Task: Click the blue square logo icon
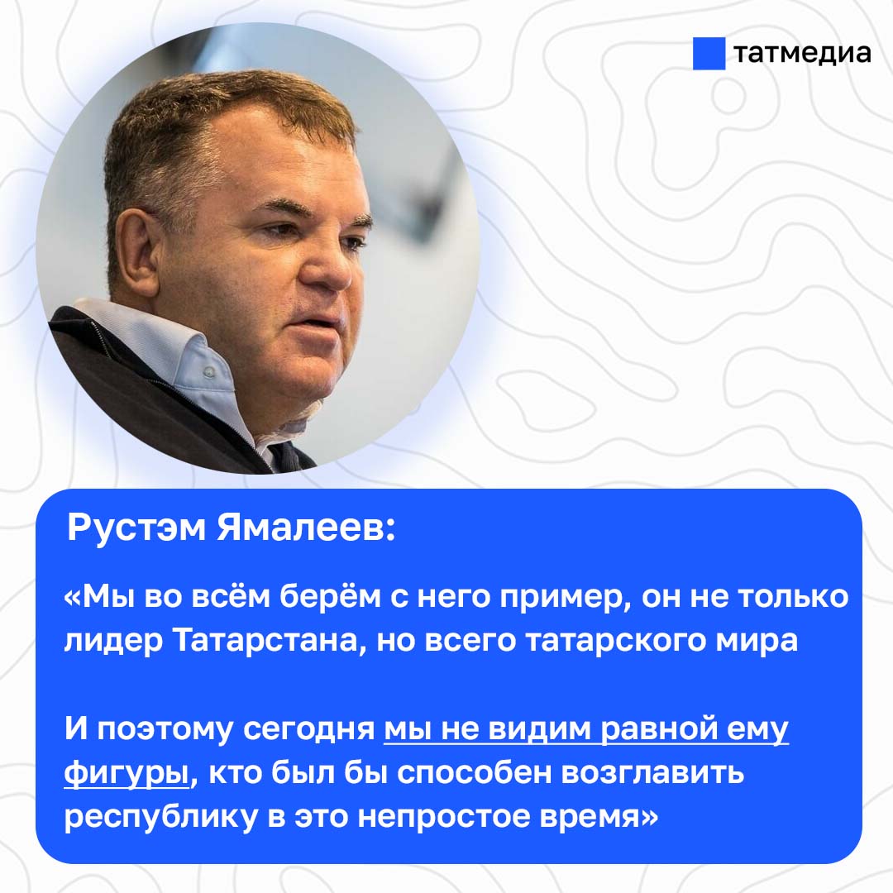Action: [x=709, y=54]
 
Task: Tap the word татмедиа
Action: [x=802, y=54]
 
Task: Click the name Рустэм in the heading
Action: [x=136, y=528]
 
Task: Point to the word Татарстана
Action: [x=266, y=641]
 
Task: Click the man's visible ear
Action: [x=137, y=255]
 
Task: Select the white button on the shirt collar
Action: [x=208, y=372]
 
